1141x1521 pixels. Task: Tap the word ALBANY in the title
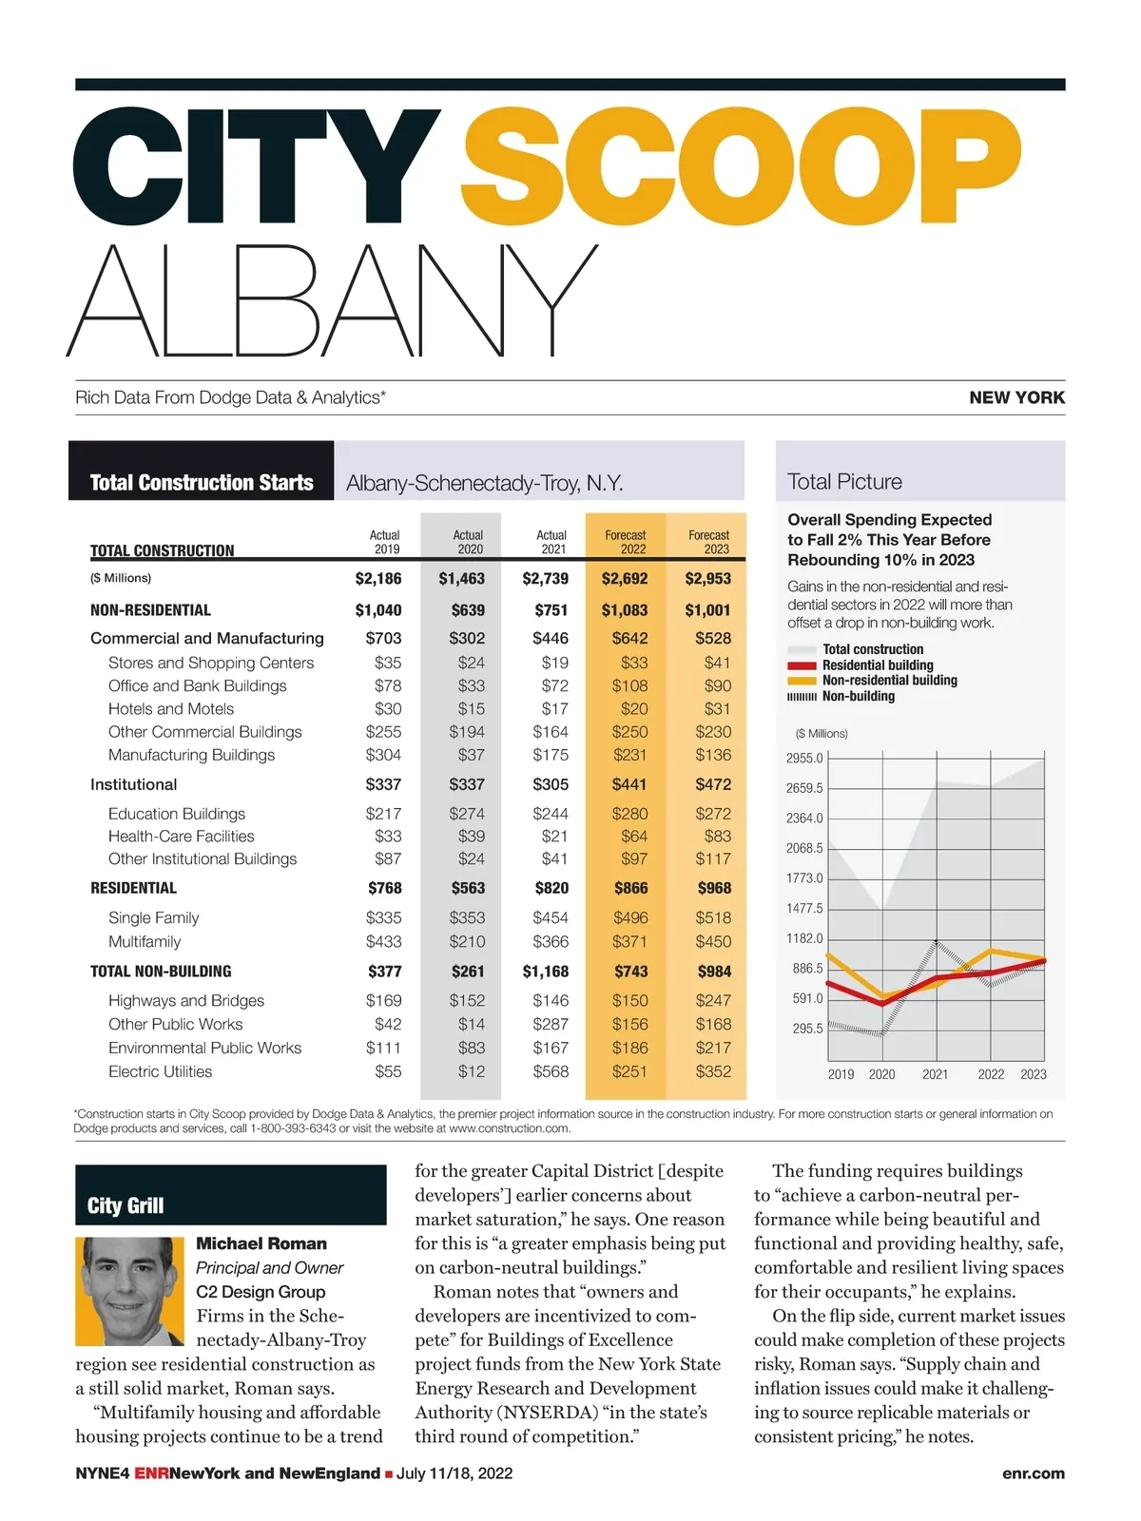pyautogui.click(x=333, y=301)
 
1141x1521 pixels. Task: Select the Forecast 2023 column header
pyautogui.click(x=708, y=542)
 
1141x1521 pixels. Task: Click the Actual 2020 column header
pyautogui.click(x=468, y=542)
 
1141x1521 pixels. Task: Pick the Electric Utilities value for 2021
pyautogui.click(x=551, y=1071)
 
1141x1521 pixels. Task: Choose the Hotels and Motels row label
pyautogui.click(x=171, y=709)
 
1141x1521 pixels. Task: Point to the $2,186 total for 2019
pyautogui.click(x=378, y=579)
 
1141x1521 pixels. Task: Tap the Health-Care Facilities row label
pyautogui.click(x=182, y=837)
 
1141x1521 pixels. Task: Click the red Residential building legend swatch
pyautogui.click(x=802, y=665)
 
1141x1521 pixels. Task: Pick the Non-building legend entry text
pyautogui.click(x=859, y=697)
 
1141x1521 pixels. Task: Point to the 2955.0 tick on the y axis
pyautogui.click(x=804, y=759)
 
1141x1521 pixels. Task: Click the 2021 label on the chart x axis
pyautogui.click(x=936, y=1074)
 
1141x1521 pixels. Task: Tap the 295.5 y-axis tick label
pyautogui.click(x=807, y=1030)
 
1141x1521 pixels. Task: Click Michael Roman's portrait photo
pyautogui.click(x=130, y=1291)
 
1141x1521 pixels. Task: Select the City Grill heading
pyautogui.click(x=126, y=1206)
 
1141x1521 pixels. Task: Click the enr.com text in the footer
pyautogui.click(x=1034, y=1473)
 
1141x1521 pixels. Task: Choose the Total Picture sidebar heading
pyautogui.click(x=844, y=482)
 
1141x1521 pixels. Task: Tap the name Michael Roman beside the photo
pyautogui.click(x=261, y=1243)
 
